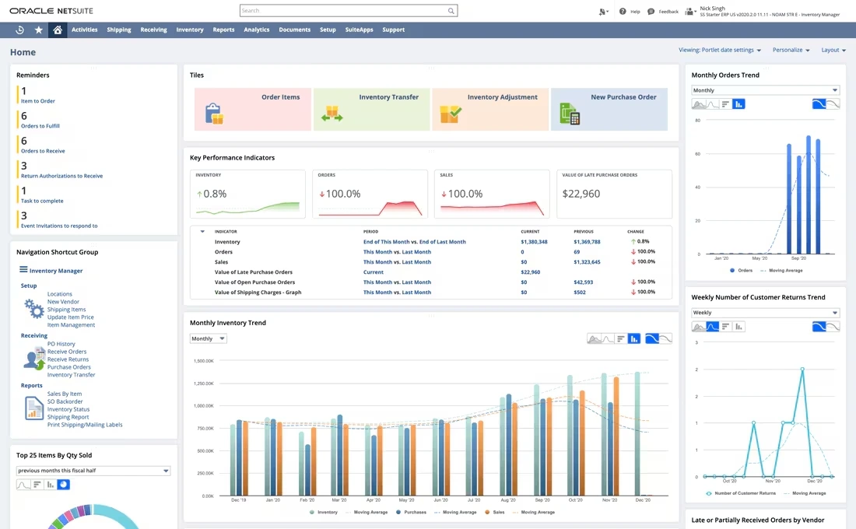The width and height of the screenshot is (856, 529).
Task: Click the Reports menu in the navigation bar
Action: (x=223, y=30)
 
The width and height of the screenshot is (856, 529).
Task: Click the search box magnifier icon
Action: (x=451, y=11)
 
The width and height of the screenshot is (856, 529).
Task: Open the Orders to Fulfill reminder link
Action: (x=40, y=126)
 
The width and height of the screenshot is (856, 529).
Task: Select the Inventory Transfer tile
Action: (x=372, y=109)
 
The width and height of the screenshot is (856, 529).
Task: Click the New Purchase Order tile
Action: (x=609, y=109)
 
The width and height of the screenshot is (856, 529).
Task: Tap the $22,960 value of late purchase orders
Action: (x=581, y=194)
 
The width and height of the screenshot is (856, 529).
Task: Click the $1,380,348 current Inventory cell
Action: (x=534, y=242)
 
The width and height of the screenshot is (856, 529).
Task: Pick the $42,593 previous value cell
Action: (x=584, y=282)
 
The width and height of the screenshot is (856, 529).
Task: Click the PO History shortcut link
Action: (x=61, y=344)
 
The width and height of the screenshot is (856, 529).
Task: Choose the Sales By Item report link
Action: (x=65, y=394)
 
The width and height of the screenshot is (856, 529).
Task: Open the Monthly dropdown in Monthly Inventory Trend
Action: (x=209, y=339)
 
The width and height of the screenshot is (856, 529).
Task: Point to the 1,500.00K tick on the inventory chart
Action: (x=203, y=361)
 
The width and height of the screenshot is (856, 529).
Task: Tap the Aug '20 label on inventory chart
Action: (x=508, y=500)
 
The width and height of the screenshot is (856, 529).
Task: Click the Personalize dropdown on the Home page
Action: (x=791, y=50)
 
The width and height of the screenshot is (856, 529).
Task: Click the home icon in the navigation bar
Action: (x=57, y=30)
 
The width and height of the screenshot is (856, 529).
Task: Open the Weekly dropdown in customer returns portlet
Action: (x=765, y=313)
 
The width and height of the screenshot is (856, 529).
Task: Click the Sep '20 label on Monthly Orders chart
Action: (x=798, y=258)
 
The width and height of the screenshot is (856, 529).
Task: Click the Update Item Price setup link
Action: (x=71, y=317)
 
